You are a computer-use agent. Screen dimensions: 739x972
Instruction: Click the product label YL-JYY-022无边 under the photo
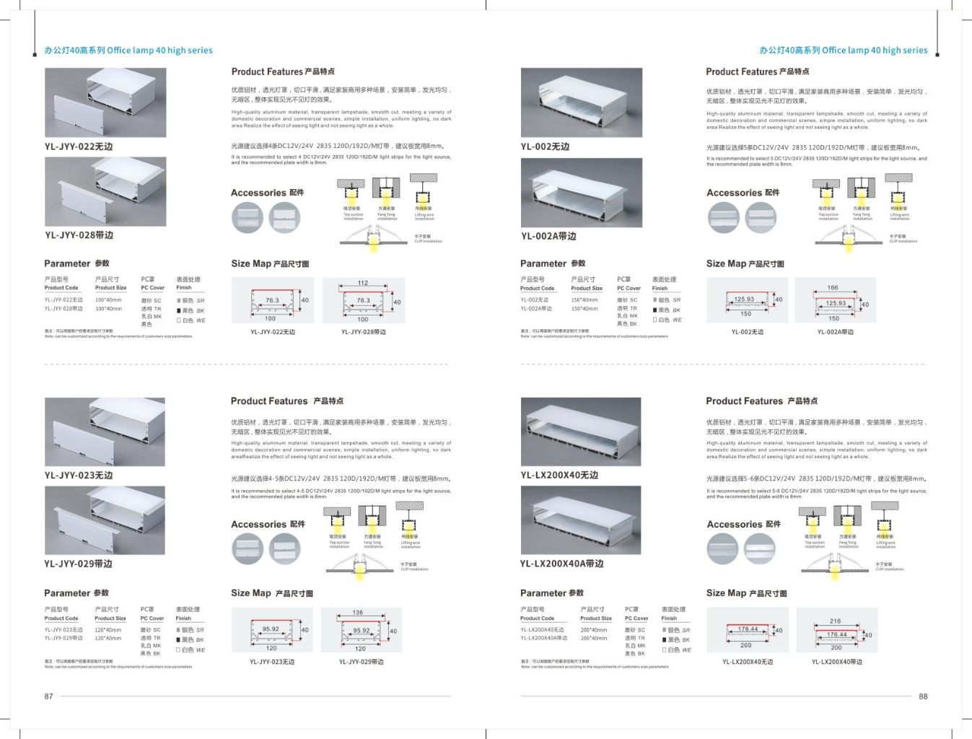pyautogui.click(x=79, y=147)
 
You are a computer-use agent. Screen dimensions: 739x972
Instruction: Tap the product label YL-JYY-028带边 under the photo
pyautogui.click(x=79, y=235)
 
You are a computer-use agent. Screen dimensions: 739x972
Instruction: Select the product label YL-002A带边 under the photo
pyautogui.click(x=548, y=236)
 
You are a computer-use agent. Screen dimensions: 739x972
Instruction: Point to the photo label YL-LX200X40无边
pyautogui.click(x=559, y=475)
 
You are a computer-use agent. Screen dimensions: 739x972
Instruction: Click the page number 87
pyautogui.click(x=48, y=696)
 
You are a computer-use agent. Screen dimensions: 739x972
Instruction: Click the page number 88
pyautogui.click(x=923, y=696)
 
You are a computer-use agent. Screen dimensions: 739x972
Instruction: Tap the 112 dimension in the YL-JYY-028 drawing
pyautogui.click(x=363, y=283)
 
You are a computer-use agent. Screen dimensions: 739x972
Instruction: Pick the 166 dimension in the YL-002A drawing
pyautogui.click(x=833, y=287)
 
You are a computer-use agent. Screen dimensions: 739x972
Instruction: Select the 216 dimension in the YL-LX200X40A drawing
pyautogui.click(x=835, y=621)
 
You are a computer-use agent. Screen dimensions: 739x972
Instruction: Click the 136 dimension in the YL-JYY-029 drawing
pyautogui.click(x=358, y=613)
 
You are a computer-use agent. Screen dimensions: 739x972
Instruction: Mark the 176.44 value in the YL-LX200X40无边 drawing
pyautogui.click(x=748, y=629)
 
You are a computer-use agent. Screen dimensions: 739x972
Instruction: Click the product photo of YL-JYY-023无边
pyautogui.click(x=105, y=432)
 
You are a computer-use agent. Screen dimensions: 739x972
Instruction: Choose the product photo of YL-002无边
pyautogui.click(x=581, y=102)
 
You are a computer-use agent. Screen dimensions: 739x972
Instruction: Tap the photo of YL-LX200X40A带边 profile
pyautogui.click(x=581, y=520)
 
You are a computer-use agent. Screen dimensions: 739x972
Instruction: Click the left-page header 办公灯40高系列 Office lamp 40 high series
pyautogui.click(x=128, y=51)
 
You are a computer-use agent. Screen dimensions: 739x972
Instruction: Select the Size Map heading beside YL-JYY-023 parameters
pyautogui.click(x=271, y=593)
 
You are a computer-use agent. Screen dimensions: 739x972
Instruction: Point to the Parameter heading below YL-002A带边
pyautogui.click(x=552, y=263)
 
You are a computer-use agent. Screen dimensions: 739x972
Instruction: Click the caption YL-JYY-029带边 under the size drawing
pyautogui.click(x=361, y=662)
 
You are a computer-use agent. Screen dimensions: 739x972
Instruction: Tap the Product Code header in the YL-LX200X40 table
pyautogui.click(x=537, y=618)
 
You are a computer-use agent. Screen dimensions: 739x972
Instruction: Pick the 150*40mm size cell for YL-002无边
pyautogui.click(x=584, y=300)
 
